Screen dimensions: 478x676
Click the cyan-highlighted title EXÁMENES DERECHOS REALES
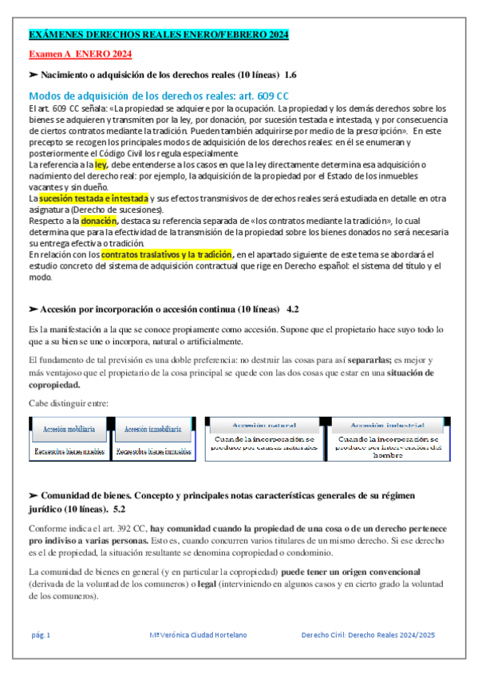[158, 35]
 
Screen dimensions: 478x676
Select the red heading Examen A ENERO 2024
[80, 53]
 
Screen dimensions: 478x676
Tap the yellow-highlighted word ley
[101, 163]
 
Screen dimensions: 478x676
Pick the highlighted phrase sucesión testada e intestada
[93, 196]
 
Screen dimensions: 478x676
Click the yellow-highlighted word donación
[99, 220]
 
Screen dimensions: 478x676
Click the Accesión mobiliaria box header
[69, 429]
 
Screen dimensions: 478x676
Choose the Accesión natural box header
[264, 425]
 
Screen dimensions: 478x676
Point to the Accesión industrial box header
[388, 425]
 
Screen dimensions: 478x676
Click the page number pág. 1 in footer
[41, 635]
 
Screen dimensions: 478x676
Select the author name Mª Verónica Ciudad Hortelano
[199, 635]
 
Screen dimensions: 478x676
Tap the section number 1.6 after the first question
[290, 74]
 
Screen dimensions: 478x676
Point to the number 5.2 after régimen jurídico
[120, 508]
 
